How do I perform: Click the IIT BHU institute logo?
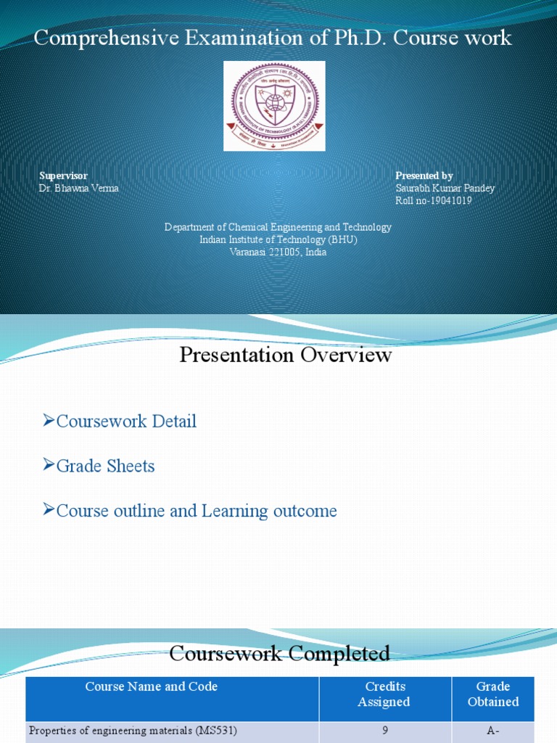[x=274, y=106]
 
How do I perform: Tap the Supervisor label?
[x=63, y=176]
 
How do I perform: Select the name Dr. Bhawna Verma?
[x=78, y=188]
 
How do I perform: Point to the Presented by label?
[x=424, y=176]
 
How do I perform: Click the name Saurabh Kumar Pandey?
[x=445, y=188]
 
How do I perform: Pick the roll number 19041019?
[x=434, y=200]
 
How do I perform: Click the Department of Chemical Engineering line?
[x=278, y=227]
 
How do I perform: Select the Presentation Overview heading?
[x=286, y=355]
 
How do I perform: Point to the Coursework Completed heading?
[x=279, y=653]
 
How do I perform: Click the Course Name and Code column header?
[x=152, y=686]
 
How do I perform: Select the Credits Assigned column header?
[x=385, y=694]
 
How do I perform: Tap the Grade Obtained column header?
[x=492, y=694]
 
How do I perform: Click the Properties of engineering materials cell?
[x=133, y=730]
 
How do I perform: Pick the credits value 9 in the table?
[x=385, y=730]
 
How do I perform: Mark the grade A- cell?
[x=492, y=730]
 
